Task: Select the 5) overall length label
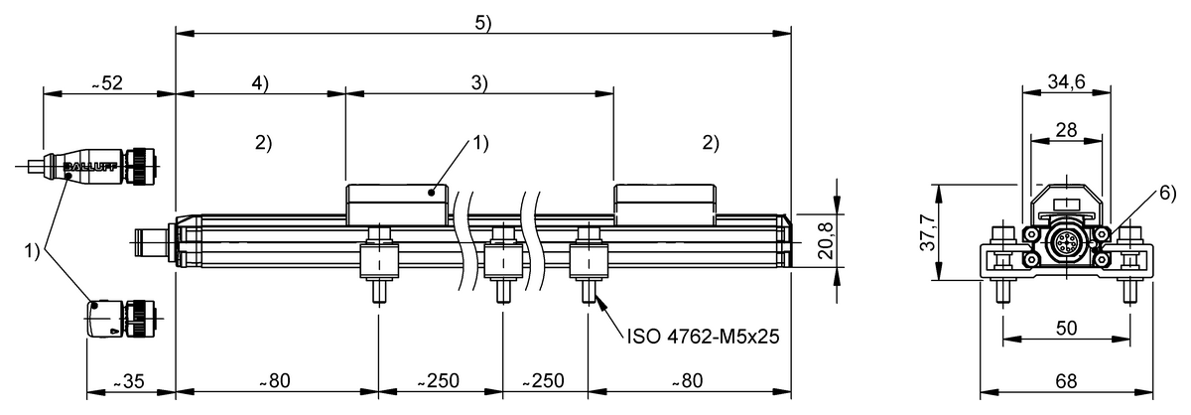click(x=482, y=24)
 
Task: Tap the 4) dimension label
click(x=259, y=83)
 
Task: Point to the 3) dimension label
click(x=479, y=83)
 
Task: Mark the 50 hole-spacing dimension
click(x=1066, y=328)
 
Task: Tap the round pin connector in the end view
click(x=1066, y=240)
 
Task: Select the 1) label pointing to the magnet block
click(x=479, y=143)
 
